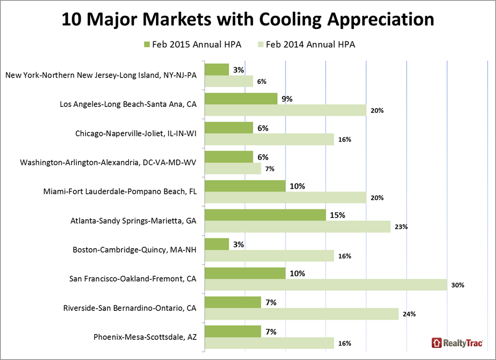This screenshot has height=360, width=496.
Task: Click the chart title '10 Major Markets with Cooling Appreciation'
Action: point(248,20)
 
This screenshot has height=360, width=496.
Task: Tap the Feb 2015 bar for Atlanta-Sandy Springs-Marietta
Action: point(265,215)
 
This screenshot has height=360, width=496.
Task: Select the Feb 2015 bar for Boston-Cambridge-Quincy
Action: point(216,244)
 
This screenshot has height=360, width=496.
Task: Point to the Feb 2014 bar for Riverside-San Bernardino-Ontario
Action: point(301,314)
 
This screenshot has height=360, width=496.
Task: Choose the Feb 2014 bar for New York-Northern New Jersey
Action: point(228,81)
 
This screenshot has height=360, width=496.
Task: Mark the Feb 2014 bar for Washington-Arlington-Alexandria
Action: point(233,169)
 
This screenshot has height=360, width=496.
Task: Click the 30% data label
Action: point(457,285)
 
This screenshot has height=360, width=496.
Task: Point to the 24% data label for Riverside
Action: point(409,314)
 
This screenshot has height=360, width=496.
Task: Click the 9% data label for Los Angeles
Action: point(287,99)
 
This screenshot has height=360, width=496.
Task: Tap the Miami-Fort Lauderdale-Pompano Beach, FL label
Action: point(120,191)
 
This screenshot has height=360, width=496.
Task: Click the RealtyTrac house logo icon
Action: point(437,343)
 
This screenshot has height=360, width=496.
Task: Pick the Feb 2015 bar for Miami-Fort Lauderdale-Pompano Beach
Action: point(245,186)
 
